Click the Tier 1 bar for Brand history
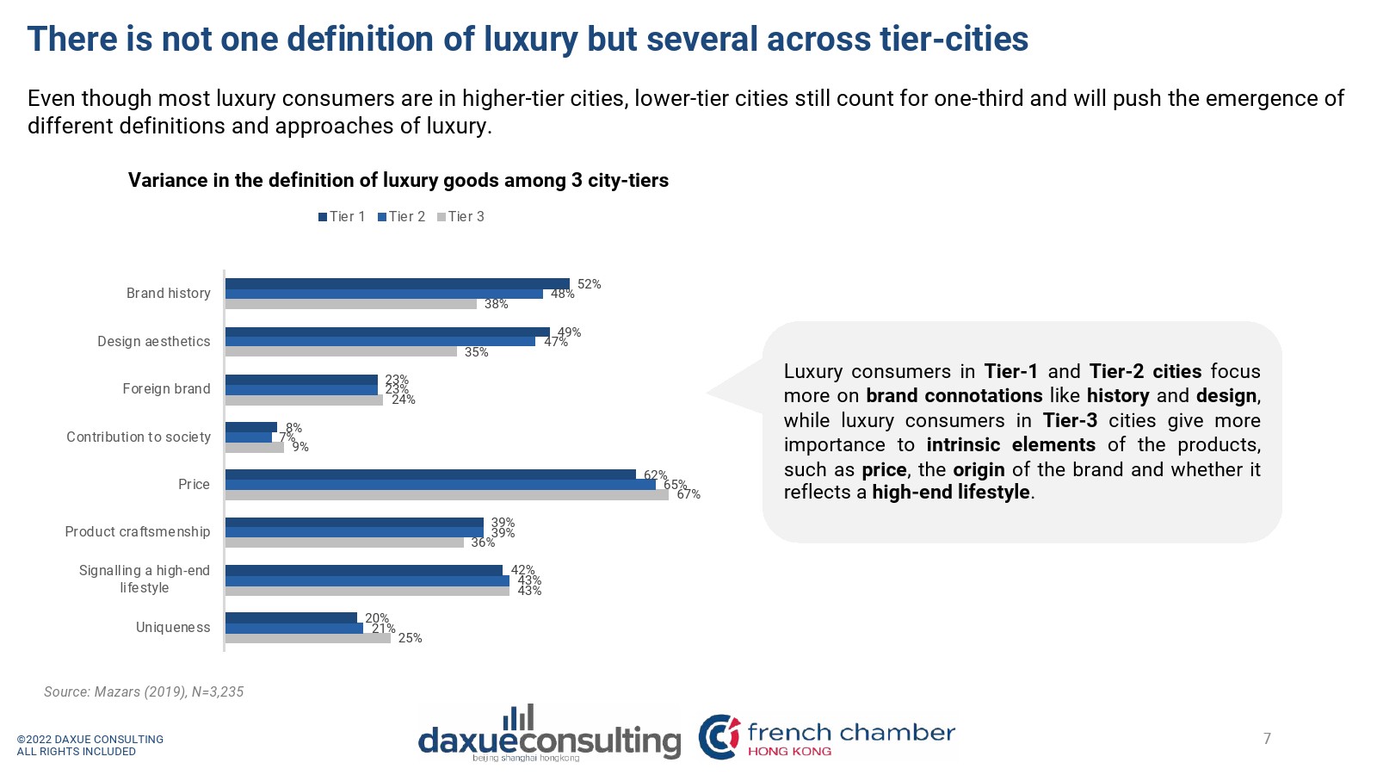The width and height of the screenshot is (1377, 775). [x=397, y=283]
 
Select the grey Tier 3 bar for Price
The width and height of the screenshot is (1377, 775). [x=447, y=495]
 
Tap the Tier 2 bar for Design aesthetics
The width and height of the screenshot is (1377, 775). [x=380, y=342]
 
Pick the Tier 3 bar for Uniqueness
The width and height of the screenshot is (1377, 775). [x=307, y=638]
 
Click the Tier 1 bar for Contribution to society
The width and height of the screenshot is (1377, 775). [x=250, y=427]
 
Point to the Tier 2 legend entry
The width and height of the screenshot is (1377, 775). [x=401, y=217]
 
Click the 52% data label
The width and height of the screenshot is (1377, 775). [x=589, y=284]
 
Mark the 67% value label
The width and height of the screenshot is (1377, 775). [x=688, y=494]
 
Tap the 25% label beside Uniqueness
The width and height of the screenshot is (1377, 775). [x=410, y=638]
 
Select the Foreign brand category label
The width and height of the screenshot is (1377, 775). [x=166, y=389]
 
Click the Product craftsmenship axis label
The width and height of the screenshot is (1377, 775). [x=137, y=532]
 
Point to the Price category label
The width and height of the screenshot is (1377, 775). [x=194, y=485]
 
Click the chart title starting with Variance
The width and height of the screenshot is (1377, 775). [x=398, y=181]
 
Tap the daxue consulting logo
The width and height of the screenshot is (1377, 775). [x=549, y=735]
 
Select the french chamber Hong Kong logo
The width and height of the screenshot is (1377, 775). [x=826, y=737]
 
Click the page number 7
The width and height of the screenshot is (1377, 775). [x=1267, y=739]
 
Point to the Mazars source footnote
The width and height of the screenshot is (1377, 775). [x=144, y=692]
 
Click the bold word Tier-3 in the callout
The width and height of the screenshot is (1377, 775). [x=1070, y=420]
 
